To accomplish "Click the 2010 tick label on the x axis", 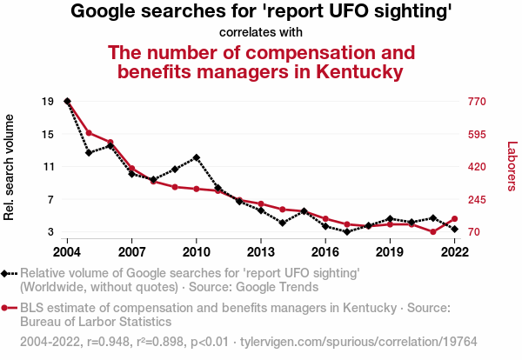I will pyautogui.click(x=196, y=251).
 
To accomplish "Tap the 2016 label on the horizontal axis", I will pyautogui.click(x=325, y=251).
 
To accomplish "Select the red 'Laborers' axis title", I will pyautogui.click(x=512, y=167).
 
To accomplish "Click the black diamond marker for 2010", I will pyautogui.click(x=197, y=157).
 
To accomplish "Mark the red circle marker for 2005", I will pyautogui.click(x=89, y=133).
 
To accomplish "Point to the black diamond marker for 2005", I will pyautogui.click(x=89, y=153).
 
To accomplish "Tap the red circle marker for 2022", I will pyautogui.click(x=454, y=219).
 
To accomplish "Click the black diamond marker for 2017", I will pyautogui.click(x=346, y=232).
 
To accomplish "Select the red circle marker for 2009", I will pyautogui.click(x=175, y=187).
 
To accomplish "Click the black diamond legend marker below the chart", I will pyautogui.click(x=6, y=273).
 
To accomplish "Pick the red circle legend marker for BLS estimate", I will pyautogui.click(x=6, y=308).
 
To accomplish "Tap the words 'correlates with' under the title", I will pyautogui.click(x=261, y=32).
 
